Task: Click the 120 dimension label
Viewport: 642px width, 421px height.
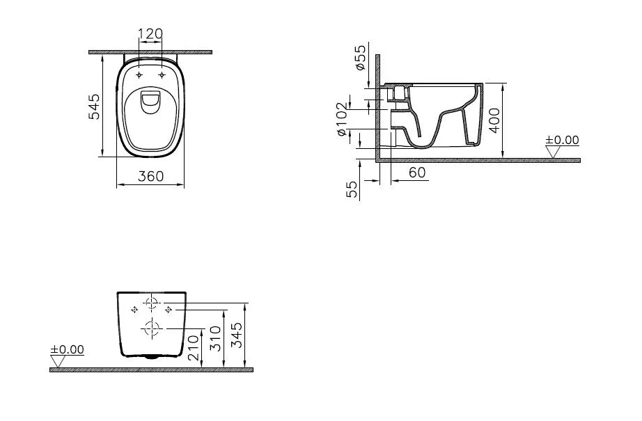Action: (x=150, y=33)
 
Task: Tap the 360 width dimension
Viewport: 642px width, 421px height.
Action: (x=150, y=176)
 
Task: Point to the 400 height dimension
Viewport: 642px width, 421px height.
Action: (x=494, y=120)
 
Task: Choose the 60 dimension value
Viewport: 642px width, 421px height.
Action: (x=417, y=173)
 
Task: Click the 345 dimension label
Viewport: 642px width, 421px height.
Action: (x=237, y=335)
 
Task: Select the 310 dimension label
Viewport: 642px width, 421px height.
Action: (x=215, y=337)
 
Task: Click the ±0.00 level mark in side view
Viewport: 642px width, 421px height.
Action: (x=562, y=140)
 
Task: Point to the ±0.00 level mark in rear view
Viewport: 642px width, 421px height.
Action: (x=67, y=349)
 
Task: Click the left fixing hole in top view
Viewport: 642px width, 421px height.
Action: (x=139, y=74)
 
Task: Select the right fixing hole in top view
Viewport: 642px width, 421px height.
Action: (x=162, y=74)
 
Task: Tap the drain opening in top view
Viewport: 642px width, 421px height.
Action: (x=150, y=101)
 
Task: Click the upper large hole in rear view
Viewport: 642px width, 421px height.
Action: (x=152, y=303)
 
